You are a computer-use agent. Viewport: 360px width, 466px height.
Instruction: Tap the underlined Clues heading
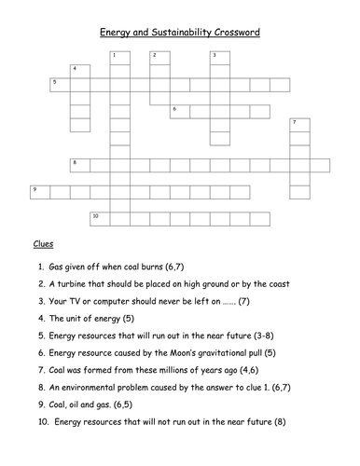[43, 244]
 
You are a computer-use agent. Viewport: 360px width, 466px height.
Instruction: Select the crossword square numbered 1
[116, 58]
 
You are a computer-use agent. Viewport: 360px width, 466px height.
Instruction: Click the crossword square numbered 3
[217, 58]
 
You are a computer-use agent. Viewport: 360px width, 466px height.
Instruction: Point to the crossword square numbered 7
[298, 125]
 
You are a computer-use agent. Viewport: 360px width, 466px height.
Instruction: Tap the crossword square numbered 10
[97, 218]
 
